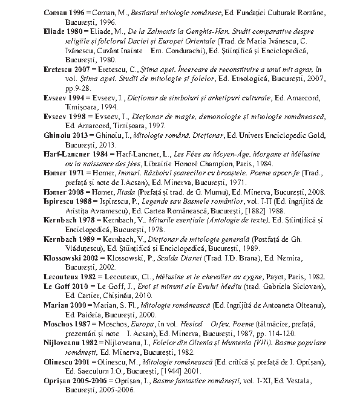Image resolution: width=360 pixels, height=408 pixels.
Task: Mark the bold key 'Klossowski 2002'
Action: point(70,257)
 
